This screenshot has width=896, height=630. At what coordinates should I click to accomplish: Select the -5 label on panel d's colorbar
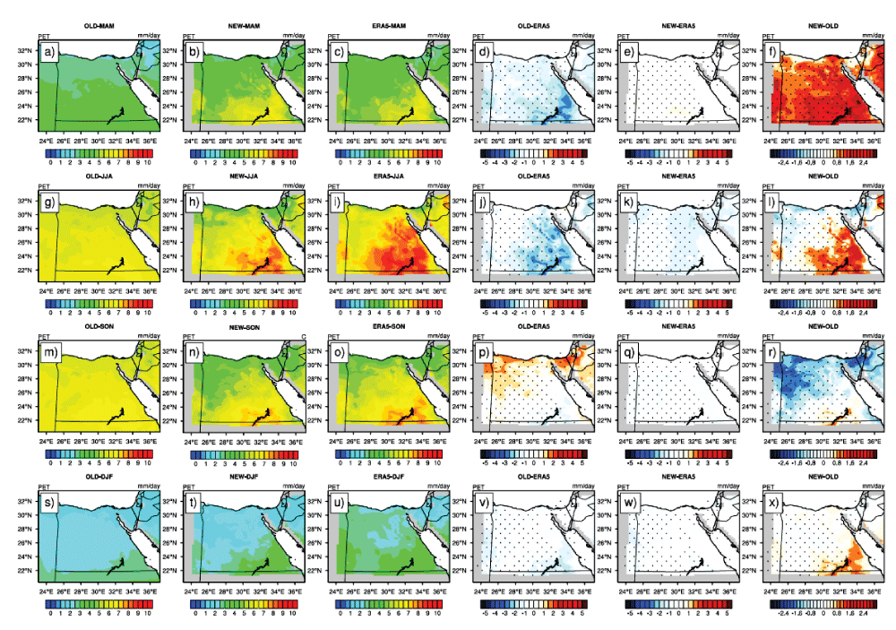(x=485, y=164)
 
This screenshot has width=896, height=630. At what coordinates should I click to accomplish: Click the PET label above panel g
(x=46, y=186)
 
